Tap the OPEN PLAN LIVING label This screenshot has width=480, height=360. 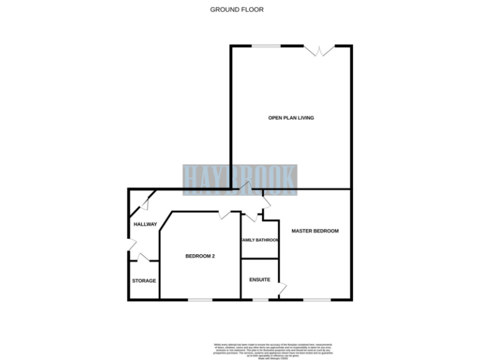[x=291, y=117]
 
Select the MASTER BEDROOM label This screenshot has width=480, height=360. [x=315, y=231]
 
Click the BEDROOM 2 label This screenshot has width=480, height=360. [x=200, y=256]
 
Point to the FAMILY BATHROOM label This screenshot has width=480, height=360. [x=260, y=239]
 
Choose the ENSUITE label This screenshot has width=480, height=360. [x=260, y=279]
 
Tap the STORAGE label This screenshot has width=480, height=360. [x=144, y=281]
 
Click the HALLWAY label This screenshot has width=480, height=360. [x=144, y=224]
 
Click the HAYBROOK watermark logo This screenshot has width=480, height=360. [x=240, y=177]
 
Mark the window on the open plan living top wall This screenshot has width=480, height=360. [x=266, y=46]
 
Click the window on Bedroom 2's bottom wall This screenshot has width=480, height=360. [x=200, y=300]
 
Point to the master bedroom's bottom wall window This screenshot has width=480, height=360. [x=317, y=300]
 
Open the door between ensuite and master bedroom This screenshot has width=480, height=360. [x=282, y=288]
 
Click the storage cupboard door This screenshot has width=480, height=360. [x=143, y=257]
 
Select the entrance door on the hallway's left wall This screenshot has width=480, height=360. [x=131, y=244]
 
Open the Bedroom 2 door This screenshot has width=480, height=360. [x=225, y=214]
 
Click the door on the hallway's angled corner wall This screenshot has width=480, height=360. [x=144, y=202]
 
